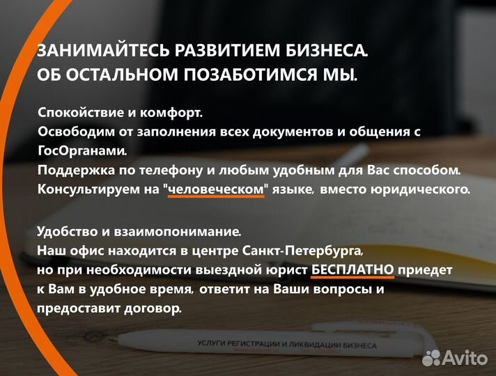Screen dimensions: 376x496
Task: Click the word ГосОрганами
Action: pyautogui.click(x=82, y=150)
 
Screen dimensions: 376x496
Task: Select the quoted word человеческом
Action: pyautogui.click(x=216, y=189)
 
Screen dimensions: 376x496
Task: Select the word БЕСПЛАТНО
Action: pyautogui.click(x=352, y=269)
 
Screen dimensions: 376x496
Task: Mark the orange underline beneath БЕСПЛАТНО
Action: pyautogui.click(x=352, y=278)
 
